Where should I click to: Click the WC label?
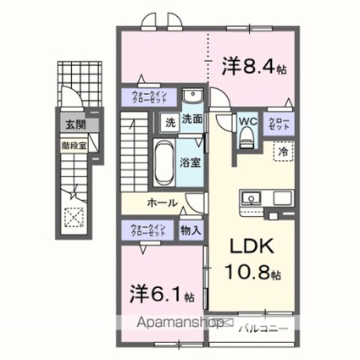[247, 121]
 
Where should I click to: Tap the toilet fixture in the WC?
[247, 141]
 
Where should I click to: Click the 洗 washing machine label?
[169, 122]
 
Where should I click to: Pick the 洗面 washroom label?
[191, 122]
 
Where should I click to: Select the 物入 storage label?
[190, 230]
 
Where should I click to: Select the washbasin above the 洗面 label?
[191, 95]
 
